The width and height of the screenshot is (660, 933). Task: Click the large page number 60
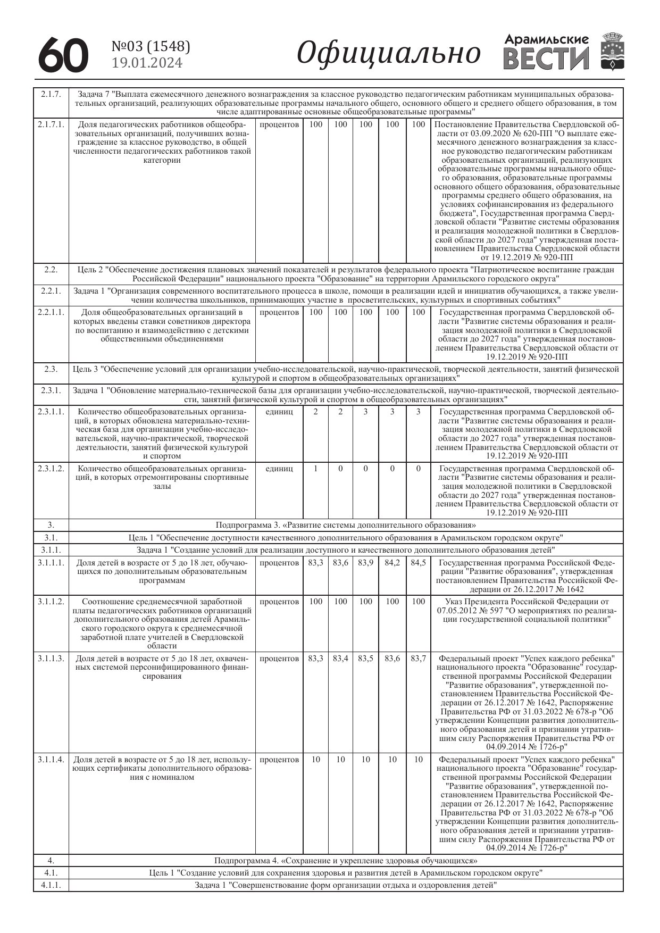pyautogui.click(x=63, y=54)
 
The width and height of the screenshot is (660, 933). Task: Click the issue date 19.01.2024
pyautogui.click(x=147, y=63)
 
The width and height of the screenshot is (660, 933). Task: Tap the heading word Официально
pyautogui.click(x=388, y=53)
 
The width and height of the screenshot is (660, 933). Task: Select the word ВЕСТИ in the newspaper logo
pyautogui.click(x=546, y=59)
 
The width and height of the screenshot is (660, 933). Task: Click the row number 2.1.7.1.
pyautogui.click(x=51, y=124)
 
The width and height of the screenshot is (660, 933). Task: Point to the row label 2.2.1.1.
pyautogui.click(x=51, y=312)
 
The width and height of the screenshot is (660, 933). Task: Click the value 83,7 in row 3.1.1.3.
pyautogui.click(x=418, y=659)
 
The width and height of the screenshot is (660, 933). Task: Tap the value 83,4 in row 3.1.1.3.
pyautogui.click(x=340, y=659)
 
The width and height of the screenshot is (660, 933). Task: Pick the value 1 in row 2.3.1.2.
pyautogui.click(x=316, y=469)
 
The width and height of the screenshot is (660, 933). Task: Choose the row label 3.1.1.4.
pyautogui.click(x=51, y=760)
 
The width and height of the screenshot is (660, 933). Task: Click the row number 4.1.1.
pyautogui.click(x=51, y=885)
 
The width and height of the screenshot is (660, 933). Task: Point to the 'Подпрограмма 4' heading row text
pyautogui.click(x=346, y=861)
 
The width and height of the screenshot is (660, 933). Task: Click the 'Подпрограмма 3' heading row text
pyautogui.click(x=346, y=526)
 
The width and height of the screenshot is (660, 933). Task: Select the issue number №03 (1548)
pyautogui.click(x=151, y=47)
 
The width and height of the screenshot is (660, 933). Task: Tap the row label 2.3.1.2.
pyautogui.click(x=51, y=469)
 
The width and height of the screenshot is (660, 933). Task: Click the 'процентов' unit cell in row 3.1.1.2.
pyautogui.click(x=279, y=602)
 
